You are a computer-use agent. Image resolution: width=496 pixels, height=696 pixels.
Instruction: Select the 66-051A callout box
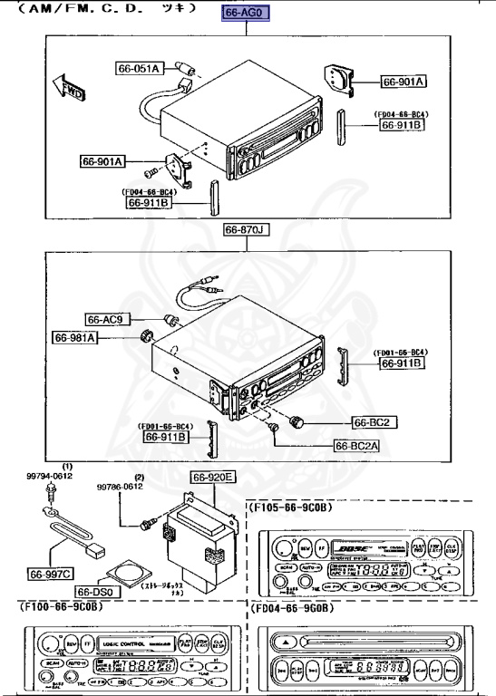tap(139, 68)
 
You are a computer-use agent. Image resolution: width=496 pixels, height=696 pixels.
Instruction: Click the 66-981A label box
tap(76, 338)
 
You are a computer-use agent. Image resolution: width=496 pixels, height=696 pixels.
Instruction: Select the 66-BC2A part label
tap(357, 445)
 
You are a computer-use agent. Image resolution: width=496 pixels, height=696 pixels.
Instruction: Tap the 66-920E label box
tap(212, 478)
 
